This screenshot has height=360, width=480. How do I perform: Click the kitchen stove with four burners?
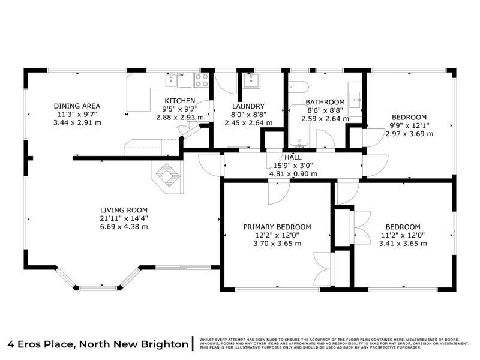tap(202, 80)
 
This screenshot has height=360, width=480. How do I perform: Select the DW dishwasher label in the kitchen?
tap(181, 74)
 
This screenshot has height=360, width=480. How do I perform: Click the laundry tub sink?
tap(251, 80)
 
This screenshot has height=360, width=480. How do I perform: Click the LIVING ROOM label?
tap(124, 210)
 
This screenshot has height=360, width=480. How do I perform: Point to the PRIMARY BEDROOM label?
tap(277, 227)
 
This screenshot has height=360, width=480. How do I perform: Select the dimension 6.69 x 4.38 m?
tap(124, 227)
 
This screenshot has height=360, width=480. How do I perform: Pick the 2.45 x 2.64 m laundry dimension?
tap(248, 122)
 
